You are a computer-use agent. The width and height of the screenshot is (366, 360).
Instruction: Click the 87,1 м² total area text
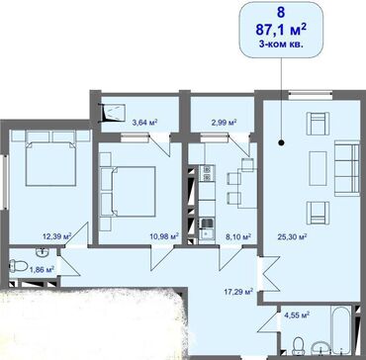(x=281, y=31)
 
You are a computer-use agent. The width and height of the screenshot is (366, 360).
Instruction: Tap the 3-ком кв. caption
(x=281, y=45)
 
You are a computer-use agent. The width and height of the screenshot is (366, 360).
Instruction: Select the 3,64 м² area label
(x=144, y=123)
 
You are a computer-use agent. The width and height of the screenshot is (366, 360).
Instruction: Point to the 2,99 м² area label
(x=224, y=123)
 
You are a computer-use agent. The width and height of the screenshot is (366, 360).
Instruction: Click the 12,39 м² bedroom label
(x=57, y=236)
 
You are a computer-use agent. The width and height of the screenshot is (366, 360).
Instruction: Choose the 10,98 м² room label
(x=164, y=236)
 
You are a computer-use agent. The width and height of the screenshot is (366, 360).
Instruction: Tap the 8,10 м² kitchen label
(x=239, y=236)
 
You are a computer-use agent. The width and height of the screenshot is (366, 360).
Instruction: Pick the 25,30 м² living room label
(x=293, y=236)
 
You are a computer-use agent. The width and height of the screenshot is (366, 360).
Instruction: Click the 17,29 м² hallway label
(x=238, y=292)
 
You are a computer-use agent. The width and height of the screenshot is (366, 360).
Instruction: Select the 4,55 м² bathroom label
(x=297, y=315)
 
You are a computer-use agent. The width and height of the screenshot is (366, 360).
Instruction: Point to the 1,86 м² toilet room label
(x=43, y=270)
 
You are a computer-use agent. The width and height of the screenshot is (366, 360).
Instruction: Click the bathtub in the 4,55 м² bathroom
(x=340, y=329)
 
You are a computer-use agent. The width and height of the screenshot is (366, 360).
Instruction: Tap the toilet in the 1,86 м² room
(x=17, y=266)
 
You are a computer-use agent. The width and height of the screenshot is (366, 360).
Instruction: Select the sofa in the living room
(x=346, y=167)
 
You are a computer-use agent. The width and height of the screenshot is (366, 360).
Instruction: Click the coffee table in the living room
(x=318, y=168)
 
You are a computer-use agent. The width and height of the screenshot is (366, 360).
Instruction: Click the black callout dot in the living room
(x=281, y=142)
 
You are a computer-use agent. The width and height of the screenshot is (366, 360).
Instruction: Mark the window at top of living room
(x=311, y=95)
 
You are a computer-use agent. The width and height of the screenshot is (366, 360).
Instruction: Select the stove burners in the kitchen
(x=207, y=173)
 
